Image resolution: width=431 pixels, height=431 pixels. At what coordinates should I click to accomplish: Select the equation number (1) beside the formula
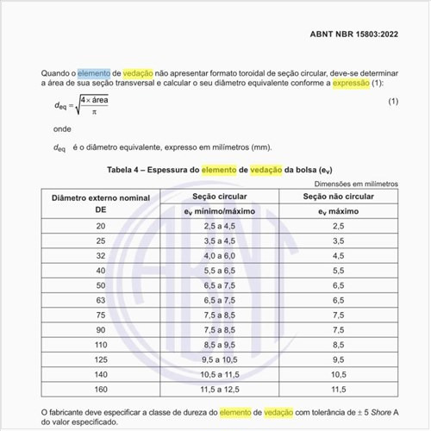(x=393, y=103)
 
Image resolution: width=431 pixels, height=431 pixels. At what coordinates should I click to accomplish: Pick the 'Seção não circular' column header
(x=338, y=197)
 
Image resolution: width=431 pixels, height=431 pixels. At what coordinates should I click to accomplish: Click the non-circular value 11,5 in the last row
(x=338, y=389)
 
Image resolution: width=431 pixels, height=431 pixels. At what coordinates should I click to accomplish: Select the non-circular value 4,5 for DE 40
(x=338, y=270)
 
